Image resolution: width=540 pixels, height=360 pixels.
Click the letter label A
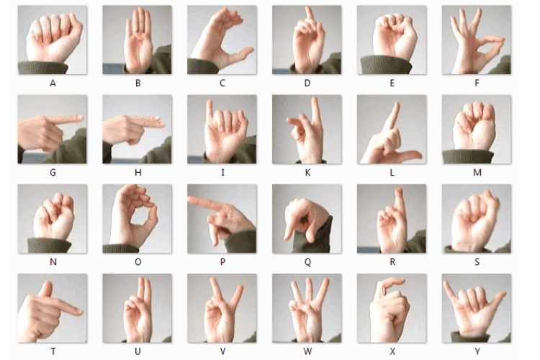pyautogui.click(x=53, y=83)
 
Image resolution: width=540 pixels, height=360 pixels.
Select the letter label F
pyautogui.click(x=477, y=83)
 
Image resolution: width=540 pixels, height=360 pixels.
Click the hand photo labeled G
pyautogui.click(x=52, y=130)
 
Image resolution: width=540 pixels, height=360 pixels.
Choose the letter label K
pyautogui.click(x=307, y=173)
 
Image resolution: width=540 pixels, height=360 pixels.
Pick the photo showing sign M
pyautogui.click(x=477, y=130)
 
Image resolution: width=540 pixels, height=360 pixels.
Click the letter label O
pyautogui.click(x=138, y=262)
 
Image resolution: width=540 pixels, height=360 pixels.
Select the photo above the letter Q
pyautogui.click(x=307, y=219)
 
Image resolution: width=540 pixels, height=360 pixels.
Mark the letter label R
pyautogui.click(x=392, y=262)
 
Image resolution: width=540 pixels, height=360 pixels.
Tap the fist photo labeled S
pyautogui.click(x=477, y=219)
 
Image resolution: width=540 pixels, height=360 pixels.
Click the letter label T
pyautogui.click(x=53, y=351)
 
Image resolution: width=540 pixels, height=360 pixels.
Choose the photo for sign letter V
pyautogui.click(x=222, y=308)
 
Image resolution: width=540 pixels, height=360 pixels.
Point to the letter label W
pyautogui.click(x=307, y=351)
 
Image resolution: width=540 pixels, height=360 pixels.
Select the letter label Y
pyautogui.click(x=477, y=351)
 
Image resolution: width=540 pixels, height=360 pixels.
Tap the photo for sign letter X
pyautogui.click(x=392, y=308)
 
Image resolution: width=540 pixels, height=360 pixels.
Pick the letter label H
pyautogui.click(x=138, y=173)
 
